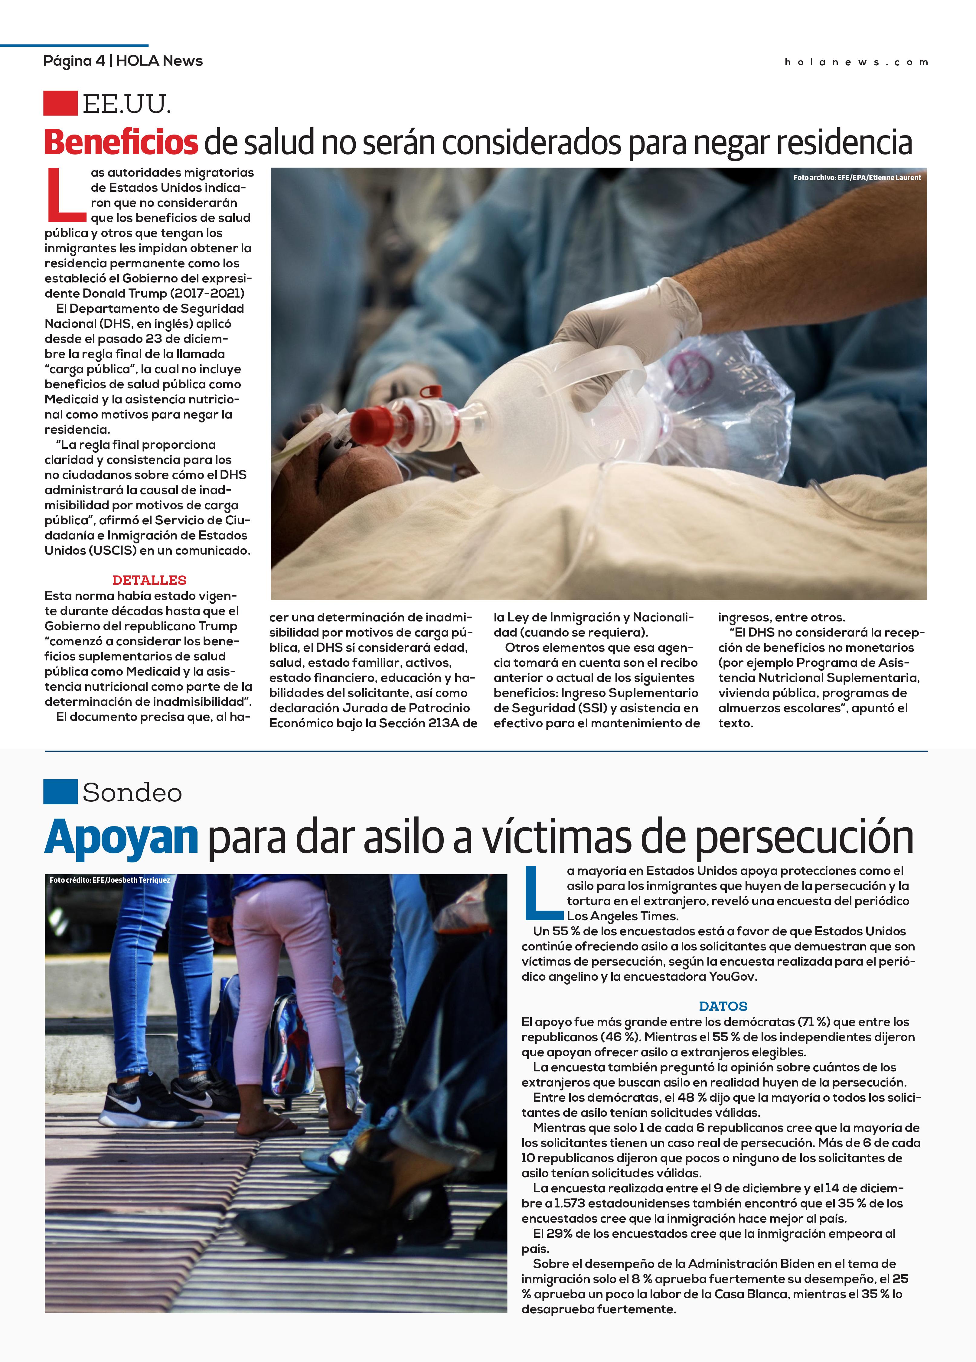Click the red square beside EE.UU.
point(60,103)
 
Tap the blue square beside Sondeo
point(60,791)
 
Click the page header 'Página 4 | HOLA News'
point(122,61)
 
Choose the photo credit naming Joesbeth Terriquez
point(110,880)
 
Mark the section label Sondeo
point(132,793)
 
